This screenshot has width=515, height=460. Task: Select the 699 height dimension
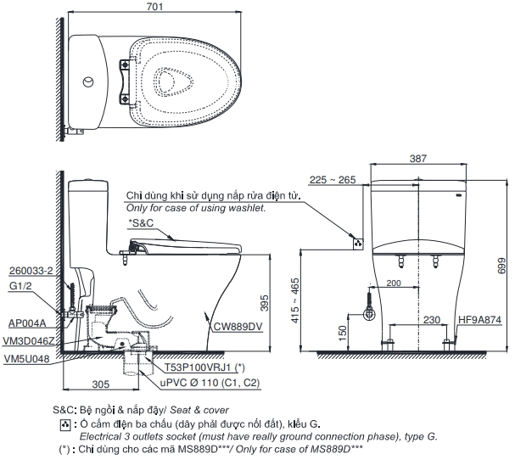click(501, 268)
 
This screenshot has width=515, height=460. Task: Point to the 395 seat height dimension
click(264, 302)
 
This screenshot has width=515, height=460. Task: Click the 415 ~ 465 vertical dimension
click(318, 297)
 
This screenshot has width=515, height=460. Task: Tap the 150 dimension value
click(342, 332)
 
